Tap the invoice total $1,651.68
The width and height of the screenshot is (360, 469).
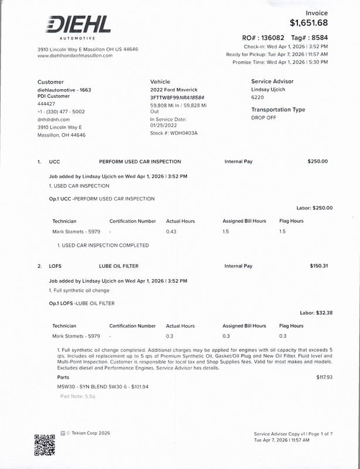pos(308,23)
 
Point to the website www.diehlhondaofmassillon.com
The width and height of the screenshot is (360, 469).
pos(74,56)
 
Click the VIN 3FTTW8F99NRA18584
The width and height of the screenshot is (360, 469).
pos(177,97)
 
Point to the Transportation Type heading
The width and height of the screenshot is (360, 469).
pos(278,110)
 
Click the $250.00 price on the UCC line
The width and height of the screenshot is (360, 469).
pos(317,161)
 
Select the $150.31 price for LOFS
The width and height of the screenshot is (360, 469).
pos(318,266)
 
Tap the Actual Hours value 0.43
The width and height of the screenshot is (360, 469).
pos(171,232)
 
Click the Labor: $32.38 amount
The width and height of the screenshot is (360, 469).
pos(316,313)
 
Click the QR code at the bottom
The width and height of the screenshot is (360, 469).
pos(45,445)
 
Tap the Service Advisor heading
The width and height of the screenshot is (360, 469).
pos(272,81)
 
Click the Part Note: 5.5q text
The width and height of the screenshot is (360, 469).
pos(77,397)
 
